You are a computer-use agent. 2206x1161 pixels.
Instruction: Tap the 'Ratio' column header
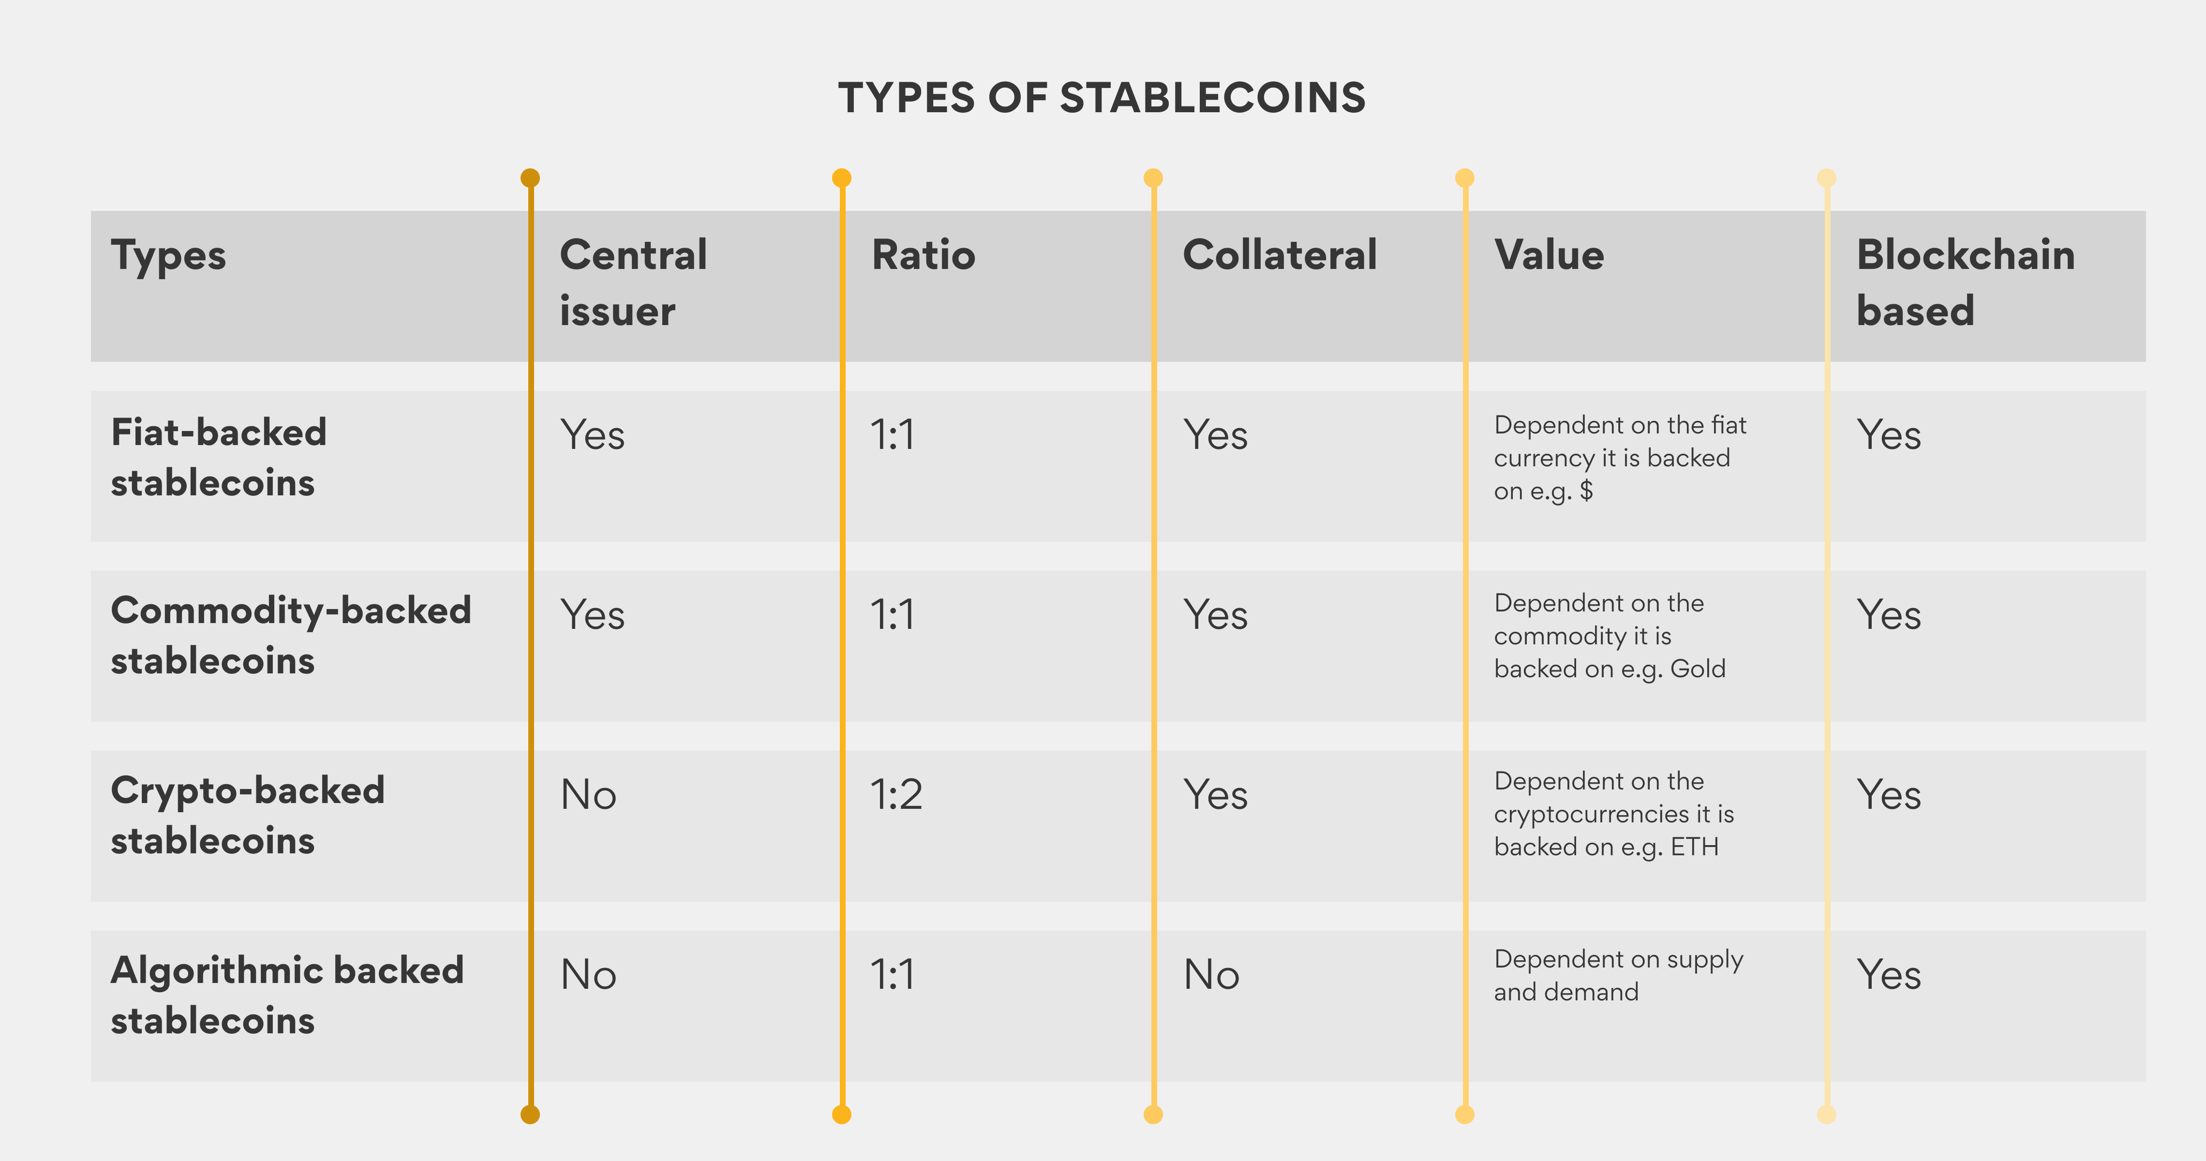point(923,255)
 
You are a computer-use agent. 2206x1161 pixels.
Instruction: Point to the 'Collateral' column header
point(1280,255)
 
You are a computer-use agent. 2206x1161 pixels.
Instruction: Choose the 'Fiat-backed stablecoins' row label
point(218,457)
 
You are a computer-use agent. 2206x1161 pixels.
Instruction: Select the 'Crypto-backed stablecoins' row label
point(248,815)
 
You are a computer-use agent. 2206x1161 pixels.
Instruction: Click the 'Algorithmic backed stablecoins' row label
point(287,995)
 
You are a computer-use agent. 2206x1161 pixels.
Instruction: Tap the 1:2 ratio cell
point(896,794)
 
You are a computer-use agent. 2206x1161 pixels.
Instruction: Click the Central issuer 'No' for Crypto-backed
point(588,794)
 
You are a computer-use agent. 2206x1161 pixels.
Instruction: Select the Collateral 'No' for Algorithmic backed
point(1211,974)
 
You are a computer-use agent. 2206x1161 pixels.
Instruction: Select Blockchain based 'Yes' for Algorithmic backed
point(1888,974)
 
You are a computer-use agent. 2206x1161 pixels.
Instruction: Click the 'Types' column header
point(169,255)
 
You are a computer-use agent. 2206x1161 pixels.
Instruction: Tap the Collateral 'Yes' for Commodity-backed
point(1215,615)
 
